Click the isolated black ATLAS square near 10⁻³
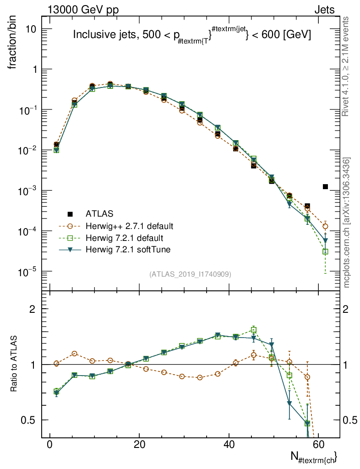[x=325, y=186]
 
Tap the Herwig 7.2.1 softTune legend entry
[x=128, y=250]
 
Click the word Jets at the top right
[x=324, y=10]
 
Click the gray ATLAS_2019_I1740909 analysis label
[x=190, y=274]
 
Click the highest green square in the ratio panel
[x=254, y=330]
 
